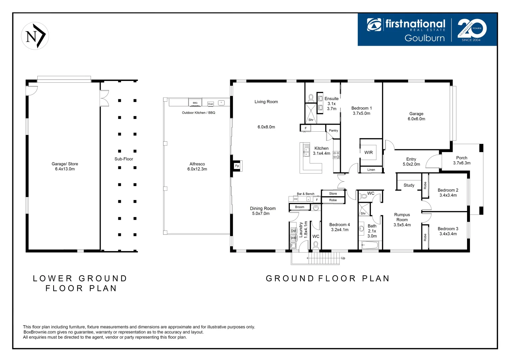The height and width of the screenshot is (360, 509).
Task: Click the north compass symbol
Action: pos(35,36)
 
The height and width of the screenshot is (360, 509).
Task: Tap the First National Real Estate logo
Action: pos(406,30)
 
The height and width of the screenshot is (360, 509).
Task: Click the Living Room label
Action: pos(266,102)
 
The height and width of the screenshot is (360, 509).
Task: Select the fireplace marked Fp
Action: pos(237,166)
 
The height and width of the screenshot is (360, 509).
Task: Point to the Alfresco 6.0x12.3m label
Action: pos(197,166)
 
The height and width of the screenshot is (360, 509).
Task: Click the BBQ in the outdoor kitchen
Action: pos(195,103)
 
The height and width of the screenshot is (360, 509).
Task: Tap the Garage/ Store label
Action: pos(65,166)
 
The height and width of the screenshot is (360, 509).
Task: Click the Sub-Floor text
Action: pos(124,159)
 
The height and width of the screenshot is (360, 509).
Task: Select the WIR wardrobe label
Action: pos(368,152)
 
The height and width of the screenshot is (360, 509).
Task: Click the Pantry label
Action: pos(333,130)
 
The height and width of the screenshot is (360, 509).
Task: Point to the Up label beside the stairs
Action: pos(343,258)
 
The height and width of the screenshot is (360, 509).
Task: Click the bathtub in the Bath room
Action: pos(370,246)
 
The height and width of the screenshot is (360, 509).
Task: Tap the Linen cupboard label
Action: pos(371,170)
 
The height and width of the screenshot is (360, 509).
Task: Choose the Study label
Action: pos(409,185)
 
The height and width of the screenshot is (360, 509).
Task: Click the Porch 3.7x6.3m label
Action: pos(462,160)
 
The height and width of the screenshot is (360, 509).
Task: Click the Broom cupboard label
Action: pos(299,207)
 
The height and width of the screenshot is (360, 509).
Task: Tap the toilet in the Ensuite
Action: pos(311,98)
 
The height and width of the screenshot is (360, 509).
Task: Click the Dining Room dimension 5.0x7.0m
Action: pos(261,214)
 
